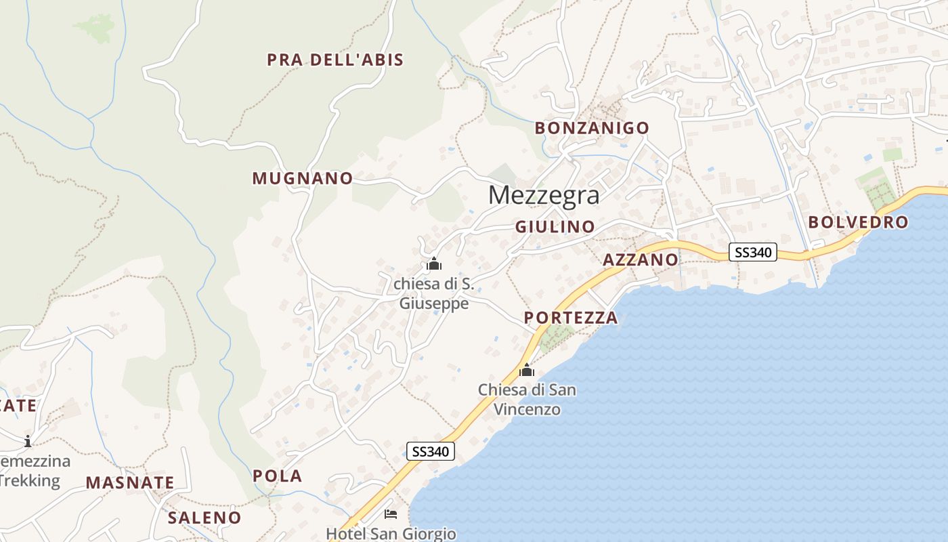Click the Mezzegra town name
(x=544, y=195)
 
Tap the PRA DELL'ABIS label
(x=335, y=60)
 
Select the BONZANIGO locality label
(x=592, y=127)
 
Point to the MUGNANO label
(x=303, y=178)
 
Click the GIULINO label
(x=555, y=226)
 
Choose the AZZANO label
(x=640, y=259)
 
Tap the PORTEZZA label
(x=571, y=317)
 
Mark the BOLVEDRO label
(x=858, y=222)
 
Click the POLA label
(x=278, y=476)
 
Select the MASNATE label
(x=130, y=482)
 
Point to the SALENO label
(x=204, y=518)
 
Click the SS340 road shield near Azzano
(x=753, y=253)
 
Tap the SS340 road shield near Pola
(x=431, y=451)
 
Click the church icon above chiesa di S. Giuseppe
(x=434, y=264)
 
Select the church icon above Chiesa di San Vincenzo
(x=527, y=370)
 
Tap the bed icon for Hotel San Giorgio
(x=391, y=514)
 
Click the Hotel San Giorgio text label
(x=391, y=534)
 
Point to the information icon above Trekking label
(x=28, y=441)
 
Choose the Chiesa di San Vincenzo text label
(x=527, y=399)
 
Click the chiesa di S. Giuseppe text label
(x=433, y=293)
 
